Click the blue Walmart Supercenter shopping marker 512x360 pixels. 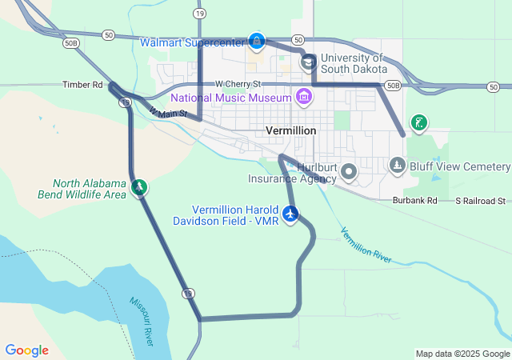point(256,40)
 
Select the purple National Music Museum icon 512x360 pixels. point(303,98)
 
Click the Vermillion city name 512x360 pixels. point(290,130)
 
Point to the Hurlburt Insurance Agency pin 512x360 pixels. point(349,171)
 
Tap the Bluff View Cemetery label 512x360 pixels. point(459,166)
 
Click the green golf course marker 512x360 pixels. point(418,123)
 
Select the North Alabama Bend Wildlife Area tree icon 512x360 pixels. point(140,187)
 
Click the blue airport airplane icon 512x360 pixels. point(290,214)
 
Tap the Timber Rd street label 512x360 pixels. point(83,84)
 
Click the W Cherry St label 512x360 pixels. point(238,84)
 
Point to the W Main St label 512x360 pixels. point(167,114)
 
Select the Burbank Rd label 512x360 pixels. point(415,201)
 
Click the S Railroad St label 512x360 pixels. point(481,201)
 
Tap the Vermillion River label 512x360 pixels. point(366,245)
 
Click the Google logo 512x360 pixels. point(26,350)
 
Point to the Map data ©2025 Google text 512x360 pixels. point(462,354)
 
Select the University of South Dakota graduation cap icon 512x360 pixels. point(308,62)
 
